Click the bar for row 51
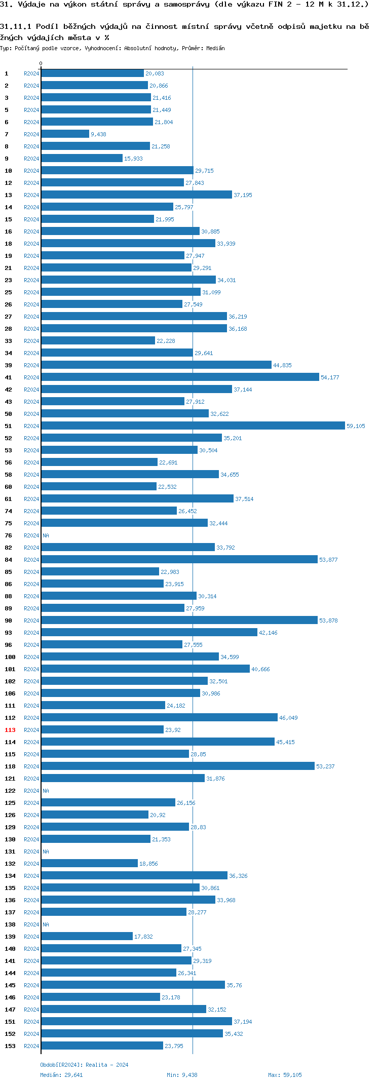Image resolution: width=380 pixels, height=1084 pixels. coord(193,426)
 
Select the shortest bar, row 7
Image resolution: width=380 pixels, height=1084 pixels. coord(65,134)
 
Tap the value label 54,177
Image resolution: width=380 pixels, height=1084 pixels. coord(330,377)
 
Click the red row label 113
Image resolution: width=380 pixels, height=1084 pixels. coord(10,730)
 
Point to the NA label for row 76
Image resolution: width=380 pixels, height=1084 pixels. coord(46,535)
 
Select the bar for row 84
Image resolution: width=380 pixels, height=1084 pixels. coord(179,560)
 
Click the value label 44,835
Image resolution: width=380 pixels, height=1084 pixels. coord(282,365)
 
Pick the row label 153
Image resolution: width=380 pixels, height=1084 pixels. coord(10,1046)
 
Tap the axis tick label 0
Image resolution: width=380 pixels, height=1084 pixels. coord(41,64)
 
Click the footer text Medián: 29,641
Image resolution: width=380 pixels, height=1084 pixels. coord(61,1075)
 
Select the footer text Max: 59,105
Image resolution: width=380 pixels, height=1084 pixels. coord(285,1075)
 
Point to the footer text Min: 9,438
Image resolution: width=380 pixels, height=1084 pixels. coord(182,1075)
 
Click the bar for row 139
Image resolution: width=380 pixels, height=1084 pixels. coord(87,937)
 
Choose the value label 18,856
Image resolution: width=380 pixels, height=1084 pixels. coord(148,864)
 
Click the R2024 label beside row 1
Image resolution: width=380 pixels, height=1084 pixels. coord(31,73)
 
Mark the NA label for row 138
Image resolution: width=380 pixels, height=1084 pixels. coord(46,924)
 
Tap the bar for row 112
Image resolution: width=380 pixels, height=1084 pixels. coord(159,718)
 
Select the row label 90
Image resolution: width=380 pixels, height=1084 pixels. coord(9,621)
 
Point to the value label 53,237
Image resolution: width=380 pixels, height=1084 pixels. coord(325,766)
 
